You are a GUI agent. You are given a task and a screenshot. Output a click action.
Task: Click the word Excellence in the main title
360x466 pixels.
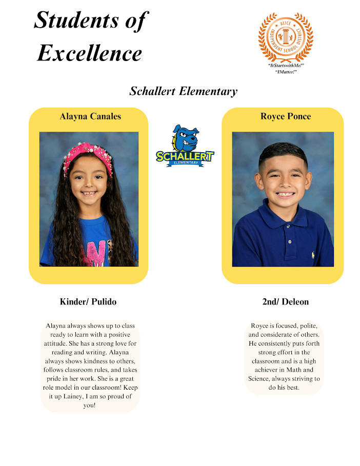tap(89, 53)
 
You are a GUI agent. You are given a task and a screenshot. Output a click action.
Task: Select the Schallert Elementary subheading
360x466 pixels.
tap(183, 92)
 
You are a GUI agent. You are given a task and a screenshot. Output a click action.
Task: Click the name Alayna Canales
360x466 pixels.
tap(90, 116)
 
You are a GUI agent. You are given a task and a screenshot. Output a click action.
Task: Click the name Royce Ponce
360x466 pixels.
tap(285, 116)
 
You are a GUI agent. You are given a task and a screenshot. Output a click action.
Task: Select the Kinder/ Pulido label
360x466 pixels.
tap(88, 301)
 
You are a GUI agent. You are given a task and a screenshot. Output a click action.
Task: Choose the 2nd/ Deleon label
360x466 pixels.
tap(285, 301)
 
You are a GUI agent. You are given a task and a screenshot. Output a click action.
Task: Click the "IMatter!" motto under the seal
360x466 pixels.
tap(286, 72)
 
